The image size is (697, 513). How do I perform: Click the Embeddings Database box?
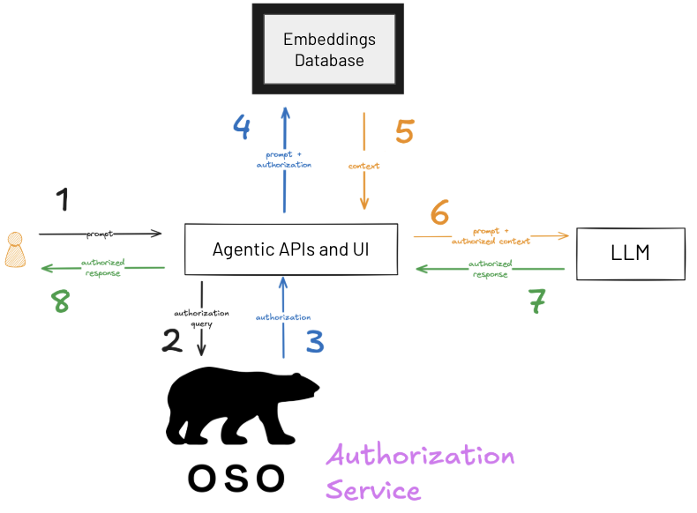tap(328, 48)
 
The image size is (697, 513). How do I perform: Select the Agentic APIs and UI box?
tap(291, 249)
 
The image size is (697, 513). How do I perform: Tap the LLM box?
tap(631, 254)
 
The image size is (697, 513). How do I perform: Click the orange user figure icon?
tap(15, 249)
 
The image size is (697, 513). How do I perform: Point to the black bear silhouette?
tap(243, 406)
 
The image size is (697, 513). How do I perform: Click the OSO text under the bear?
tap(236, 479)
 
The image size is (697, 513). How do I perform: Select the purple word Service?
tap(373, 490)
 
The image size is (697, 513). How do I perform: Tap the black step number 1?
tap(63, 199)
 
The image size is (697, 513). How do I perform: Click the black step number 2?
tap(172, 340)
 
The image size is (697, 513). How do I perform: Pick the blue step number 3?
tap(315, 341)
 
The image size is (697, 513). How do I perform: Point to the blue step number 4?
tap(242, 127)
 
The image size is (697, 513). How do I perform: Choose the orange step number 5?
tap(405, 131)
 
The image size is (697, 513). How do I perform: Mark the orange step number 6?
tap(439, 212)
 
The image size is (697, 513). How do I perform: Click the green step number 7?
tap(537, 301)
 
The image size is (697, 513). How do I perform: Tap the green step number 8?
tap(61, 301)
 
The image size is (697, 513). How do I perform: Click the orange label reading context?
tap(364, 166)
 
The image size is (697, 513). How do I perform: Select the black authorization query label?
tap(201, 318)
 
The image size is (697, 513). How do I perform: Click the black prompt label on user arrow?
tap(100, 234)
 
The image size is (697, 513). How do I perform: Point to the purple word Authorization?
tap(420, 454)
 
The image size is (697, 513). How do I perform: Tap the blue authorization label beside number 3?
tap(283, 317)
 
